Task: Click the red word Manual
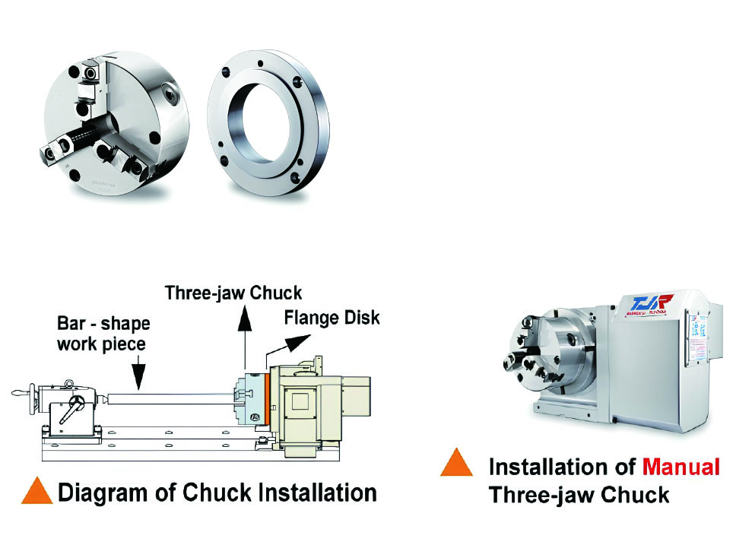681,466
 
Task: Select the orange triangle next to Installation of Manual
456,464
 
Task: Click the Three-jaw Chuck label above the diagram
233,293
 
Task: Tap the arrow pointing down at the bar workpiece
138,372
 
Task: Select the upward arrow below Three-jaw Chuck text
245,334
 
